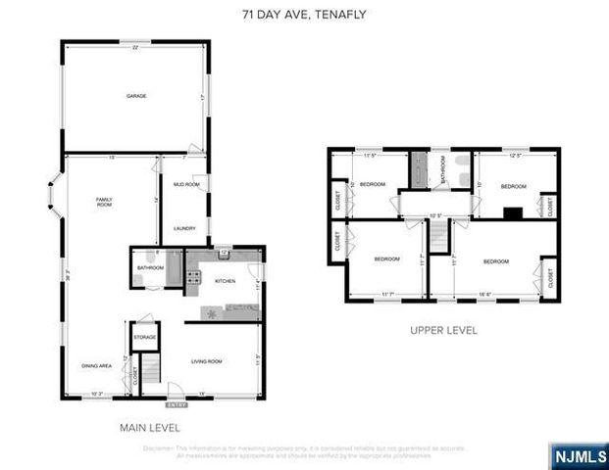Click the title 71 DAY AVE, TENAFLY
(304, 15)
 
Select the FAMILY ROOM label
(104, 203)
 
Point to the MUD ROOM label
(186, 184)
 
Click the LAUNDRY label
(184, 229)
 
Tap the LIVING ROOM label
(206, 362)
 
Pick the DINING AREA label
(96, 365)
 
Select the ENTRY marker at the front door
(177, 404)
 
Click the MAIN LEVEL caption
(149, 428)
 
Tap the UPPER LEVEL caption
(443, 331)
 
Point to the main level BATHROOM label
(150, 267)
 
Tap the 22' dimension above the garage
(134, 48)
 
